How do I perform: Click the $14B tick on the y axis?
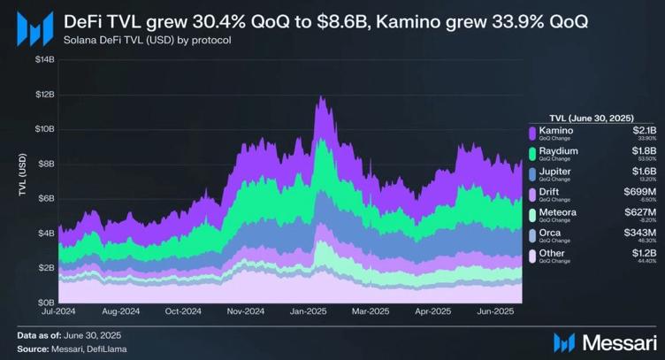[x=43, y=59]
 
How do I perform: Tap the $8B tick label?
[x=45, y=164]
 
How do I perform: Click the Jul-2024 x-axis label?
[x=58, y=311]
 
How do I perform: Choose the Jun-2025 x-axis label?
[x=498, y=311]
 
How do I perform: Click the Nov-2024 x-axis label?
[x=246, y=311]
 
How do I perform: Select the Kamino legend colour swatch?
[x=532, y=134]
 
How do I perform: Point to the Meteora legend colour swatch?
[x=532, y=215]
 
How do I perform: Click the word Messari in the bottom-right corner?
[x=615, y=341]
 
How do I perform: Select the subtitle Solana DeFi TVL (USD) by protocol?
[x=148, y=40]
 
